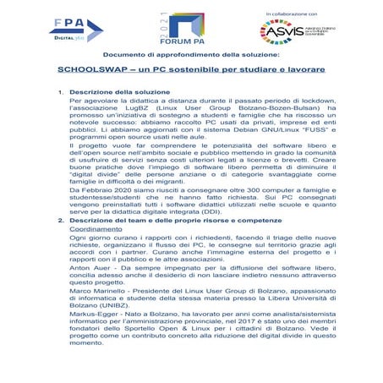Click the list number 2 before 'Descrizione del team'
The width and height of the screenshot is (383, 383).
(59, 220)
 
